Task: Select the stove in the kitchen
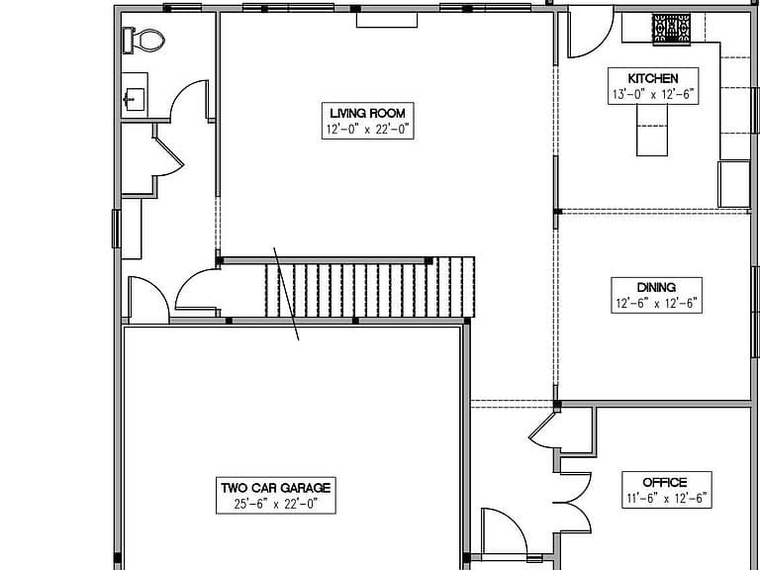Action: [671, 29]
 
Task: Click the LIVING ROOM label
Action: [368, 114]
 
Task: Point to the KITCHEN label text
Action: [653, 78]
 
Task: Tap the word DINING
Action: [656, 287]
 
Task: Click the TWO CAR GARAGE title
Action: [276, 488]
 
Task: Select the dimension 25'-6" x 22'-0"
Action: [276, 504]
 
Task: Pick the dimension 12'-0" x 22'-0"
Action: [368, 130]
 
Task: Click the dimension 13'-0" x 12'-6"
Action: [653, 95]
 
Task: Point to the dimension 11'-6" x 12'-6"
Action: [666, 499]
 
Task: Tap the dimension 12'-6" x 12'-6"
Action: [656, 304]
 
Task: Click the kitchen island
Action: [652, 130]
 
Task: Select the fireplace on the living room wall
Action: [387, 20]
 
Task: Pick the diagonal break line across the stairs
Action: [286, 294]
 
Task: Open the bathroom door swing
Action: [189, 100]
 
